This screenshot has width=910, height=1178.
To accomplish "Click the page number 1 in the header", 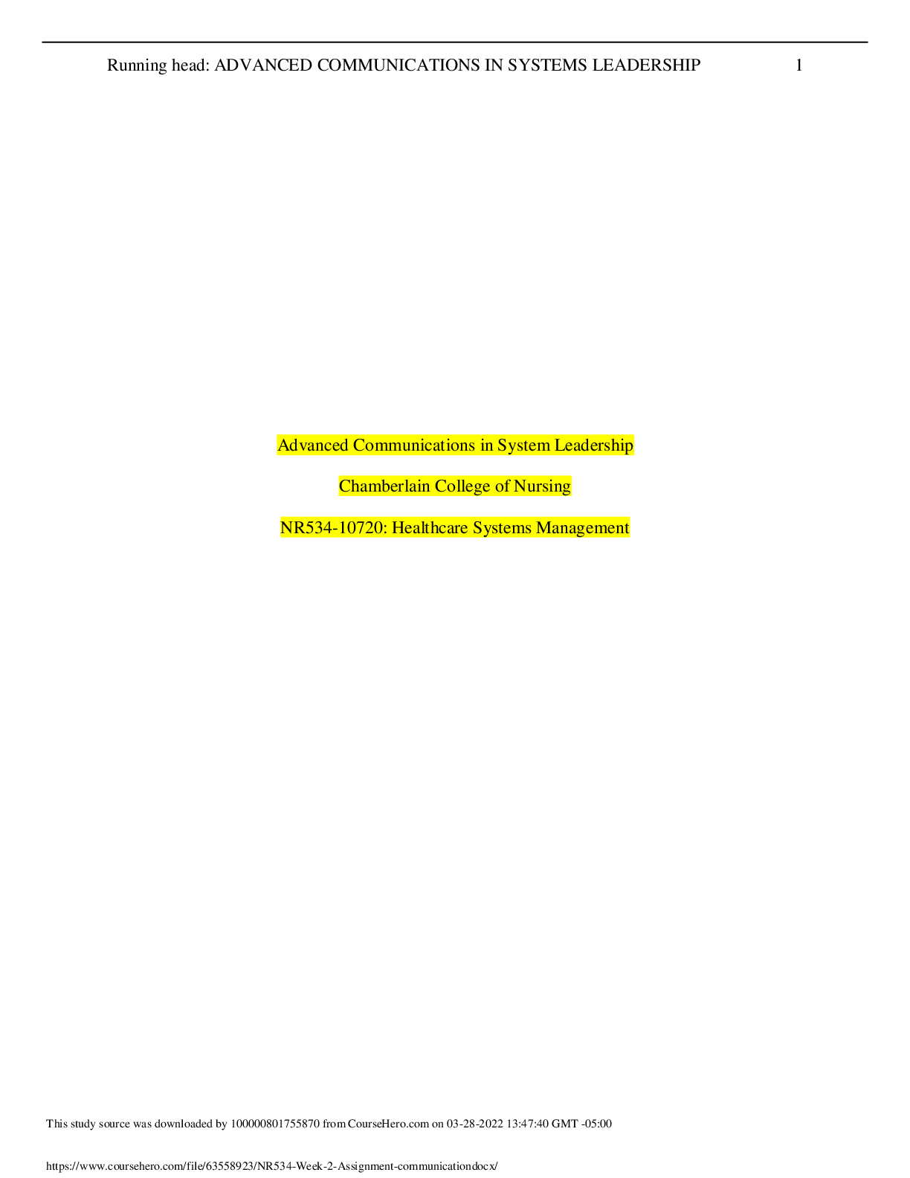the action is pos(798,65).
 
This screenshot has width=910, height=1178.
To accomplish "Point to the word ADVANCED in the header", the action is pos(263,65).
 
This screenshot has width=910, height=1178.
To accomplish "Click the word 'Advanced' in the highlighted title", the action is pos(313,445).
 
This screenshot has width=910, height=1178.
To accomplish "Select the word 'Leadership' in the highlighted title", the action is pos(593,445).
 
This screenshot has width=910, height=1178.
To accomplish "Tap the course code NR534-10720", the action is pos(333,527).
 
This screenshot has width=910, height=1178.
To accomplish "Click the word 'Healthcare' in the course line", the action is pos(430,527).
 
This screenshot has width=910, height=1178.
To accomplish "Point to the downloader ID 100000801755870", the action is pos(275,1124).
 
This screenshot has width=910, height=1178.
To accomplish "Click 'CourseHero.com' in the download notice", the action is pos(388,1124).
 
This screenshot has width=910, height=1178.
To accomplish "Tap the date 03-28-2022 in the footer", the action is pos(475,1124).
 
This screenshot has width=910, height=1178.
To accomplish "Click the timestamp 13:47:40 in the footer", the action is pos(527,1124).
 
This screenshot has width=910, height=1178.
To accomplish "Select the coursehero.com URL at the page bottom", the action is pos(271,1166).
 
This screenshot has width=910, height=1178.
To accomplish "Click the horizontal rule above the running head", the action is pos(455,42).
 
